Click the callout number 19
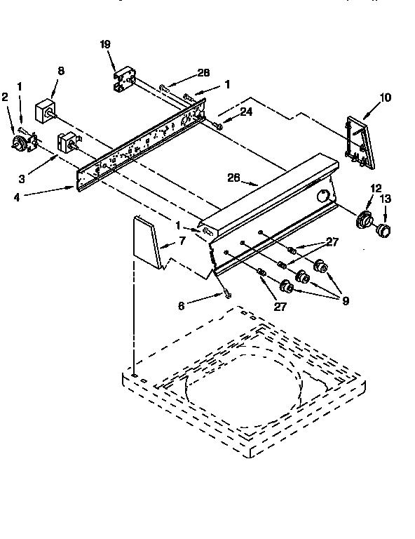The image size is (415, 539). coord(105,44)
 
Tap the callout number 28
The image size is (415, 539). coord(203,73)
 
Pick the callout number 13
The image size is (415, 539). coord(383,199)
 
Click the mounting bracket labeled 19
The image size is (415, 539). coord(125,79)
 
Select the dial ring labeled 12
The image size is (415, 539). coord(364,220)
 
